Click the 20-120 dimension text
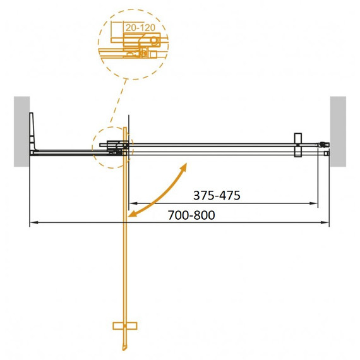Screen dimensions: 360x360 pos(140,28)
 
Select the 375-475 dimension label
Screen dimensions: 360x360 pos(217,196)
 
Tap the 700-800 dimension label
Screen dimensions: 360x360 pos(192,215)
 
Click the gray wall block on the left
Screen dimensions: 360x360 pos(22,131)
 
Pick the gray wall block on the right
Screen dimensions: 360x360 pos(338,131)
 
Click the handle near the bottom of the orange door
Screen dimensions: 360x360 pos(124,326)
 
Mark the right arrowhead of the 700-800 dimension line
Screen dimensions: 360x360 pos(327,222)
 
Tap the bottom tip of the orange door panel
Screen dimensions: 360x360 pos(124,349)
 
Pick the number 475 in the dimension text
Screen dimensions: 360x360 pos(229,196)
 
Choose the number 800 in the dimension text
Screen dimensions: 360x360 pos(204,215)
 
